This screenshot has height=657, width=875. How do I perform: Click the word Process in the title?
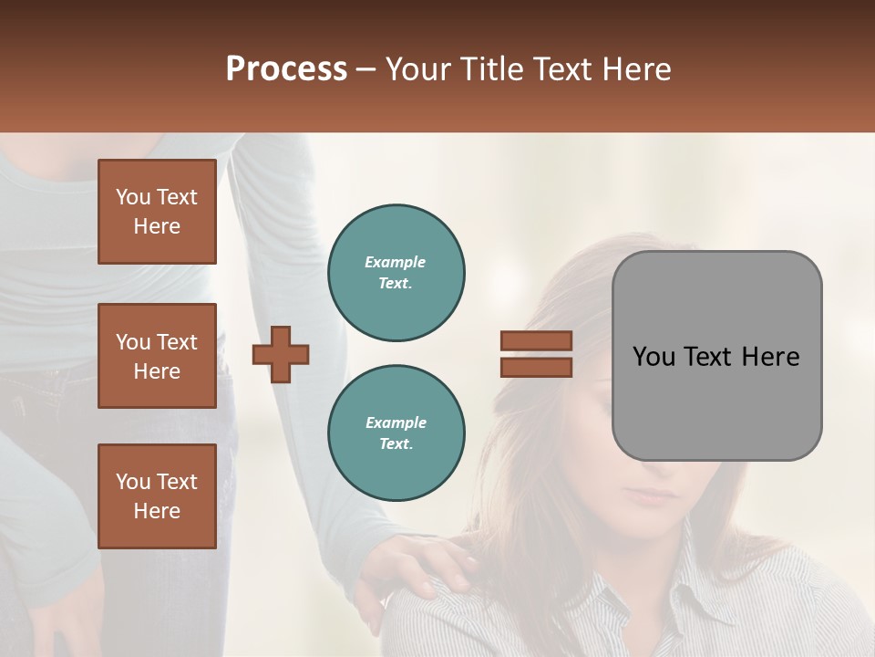point(286,69)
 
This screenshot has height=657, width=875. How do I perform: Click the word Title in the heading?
point(493,69)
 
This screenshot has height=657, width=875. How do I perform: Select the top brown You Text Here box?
point(157,212)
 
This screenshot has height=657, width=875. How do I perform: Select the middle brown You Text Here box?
point(157,356)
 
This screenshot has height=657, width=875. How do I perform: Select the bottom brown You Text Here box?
point(157,496)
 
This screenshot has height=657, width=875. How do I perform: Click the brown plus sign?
point(281,354)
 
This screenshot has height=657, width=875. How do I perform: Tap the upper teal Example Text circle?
point(396,273)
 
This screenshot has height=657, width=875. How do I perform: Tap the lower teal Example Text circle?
point(396,433)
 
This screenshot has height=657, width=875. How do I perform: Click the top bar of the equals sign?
point(536,341)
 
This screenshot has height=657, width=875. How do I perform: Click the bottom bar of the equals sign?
point(536,367)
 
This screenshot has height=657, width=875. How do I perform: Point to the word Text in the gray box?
point(716,357)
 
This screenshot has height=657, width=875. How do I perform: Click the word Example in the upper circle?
point(396,262)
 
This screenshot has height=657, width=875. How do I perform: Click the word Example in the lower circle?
point(396,422)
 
